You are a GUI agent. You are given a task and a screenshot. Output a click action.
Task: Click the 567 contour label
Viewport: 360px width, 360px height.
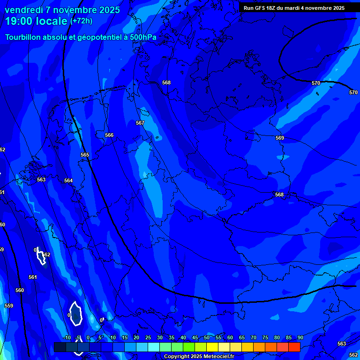click(x=140, y=123)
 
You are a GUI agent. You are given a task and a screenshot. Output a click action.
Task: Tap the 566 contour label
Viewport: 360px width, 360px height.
click(x=109, y=135)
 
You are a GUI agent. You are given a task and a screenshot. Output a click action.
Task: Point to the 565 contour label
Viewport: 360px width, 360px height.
click(x=85, y=155)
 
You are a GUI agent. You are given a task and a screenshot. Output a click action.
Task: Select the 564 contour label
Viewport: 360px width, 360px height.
click(x=68, y=180)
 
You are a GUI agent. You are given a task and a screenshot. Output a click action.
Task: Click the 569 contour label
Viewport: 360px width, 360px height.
click(x=280, y=138)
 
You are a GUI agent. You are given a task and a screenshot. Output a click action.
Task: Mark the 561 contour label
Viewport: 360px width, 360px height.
click(x=32, y=277)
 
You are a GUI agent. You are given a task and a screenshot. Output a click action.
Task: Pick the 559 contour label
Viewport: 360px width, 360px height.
click(x=9, y=306)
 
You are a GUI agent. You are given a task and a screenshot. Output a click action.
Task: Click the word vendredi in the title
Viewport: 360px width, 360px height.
click(x=24, y=10)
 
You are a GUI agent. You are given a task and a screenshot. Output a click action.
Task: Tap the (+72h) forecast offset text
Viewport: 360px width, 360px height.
click(x=81, y=21)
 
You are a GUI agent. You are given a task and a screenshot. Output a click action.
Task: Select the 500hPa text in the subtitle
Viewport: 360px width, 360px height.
click(x=140, y=37)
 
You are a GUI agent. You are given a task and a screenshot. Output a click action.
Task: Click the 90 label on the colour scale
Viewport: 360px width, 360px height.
click(x=300, y=337)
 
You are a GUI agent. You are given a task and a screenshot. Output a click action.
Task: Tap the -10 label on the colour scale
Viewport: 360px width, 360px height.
click(x=67, y=337)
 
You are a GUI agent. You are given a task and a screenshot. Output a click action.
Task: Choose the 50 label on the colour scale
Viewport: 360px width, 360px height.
click(x=207, y=337)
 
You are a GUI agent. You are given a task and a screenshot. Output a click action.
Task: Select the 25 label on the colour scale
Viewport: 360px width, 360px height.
click(x=148, y=337)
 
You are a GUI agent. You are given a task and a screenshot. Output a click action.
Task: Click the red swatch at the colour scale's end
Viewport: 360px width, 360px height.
click(x=294, y=347)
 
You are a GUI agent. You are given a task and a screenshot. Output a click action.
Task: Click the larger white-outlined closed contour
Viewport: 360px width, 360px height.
click(x=75, y=314)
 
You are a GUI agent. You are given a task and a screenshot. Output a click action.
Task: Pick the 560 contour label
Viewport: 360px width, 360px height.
click(x=19, y=290)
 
